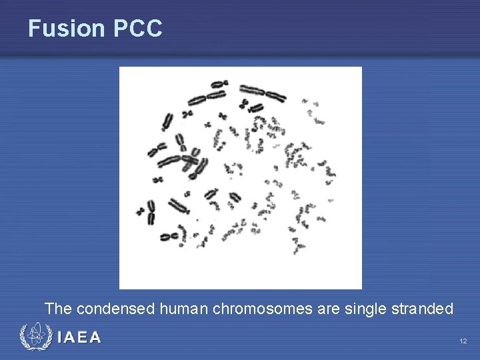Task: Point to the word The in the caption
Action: click(x=58, y=309)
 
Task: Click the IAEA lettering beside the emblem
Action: click(x=79, y=338)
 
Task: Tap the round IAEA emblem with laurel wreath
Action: click(x=35, y=337)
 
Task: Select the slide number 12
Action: click(x=463, y=341)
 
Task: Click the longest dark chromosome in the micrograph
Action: click(x=263, y=93)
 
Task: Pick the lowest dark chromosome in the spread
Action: click(x=169, y=235)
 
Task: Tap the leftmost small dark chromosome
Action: click(x=141, y=211)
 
